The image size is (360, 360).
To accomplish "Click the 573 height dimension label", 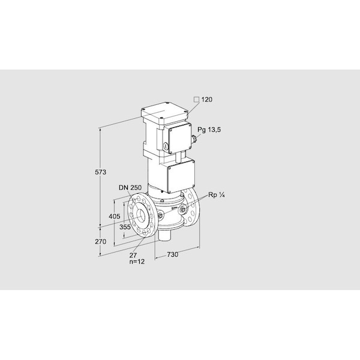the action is pyautogui.click(x=101, y=172).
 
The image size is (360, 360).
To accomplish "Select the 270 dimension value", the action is pyautogui.click(x=101, y=242).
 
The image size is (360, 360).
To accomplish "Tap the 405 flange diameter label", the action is pyautogui.click(x=115, y=216).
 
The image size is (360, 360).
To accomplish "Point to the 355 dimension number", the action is pyautogui.click(x=125, y=227).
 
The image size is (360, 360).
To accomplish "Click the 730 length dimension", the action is pyautogui.click(x=172, y=254).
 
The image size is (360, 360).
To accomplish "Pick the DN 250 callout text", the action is pyautogui.click(x=130, y=188).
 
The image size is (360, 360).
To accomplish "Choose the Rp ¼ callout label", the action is pyautogui.click(x=216, y=195).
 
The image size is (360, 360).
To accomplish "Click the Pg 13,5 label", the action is pyautogui.click(x=209, y=130).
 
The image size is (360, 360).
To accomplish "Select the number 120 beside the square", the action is pyautogui.click(x=207, y=100).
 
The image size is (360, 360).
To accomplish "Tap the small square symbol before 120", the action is pyautogui.click(x=197, y=100).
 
